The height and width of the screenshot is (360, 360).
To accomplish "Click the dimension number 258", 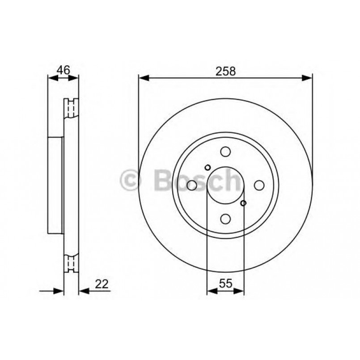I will [x=225, y=71].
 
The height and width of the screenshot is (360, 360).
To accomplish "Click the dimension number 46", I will [x=64, y=70].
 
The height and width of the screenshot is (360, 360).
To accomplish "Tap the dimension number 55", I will [x=225, y=283].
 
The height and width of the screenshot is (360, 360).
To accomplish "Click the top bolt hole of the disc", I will [x=225, y=152].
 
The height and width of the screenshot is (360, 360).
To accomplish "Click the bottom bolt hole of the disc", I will [x=225, y=218].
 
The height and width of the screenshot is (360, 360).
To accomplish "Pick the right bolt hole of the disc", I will [x=259, y=185].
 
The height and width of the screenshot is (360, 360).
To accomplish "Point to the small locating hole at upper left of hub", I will [x=207, y=168].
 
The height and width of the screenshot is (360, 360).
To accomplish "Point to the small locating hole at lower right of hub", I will [x=244, y=203].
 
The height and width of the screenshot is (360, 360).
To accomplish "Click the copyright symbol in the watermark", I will [x=131, y=180].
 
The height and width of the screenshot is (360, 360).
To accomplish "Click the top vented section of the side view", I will [x=71, y=108].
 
